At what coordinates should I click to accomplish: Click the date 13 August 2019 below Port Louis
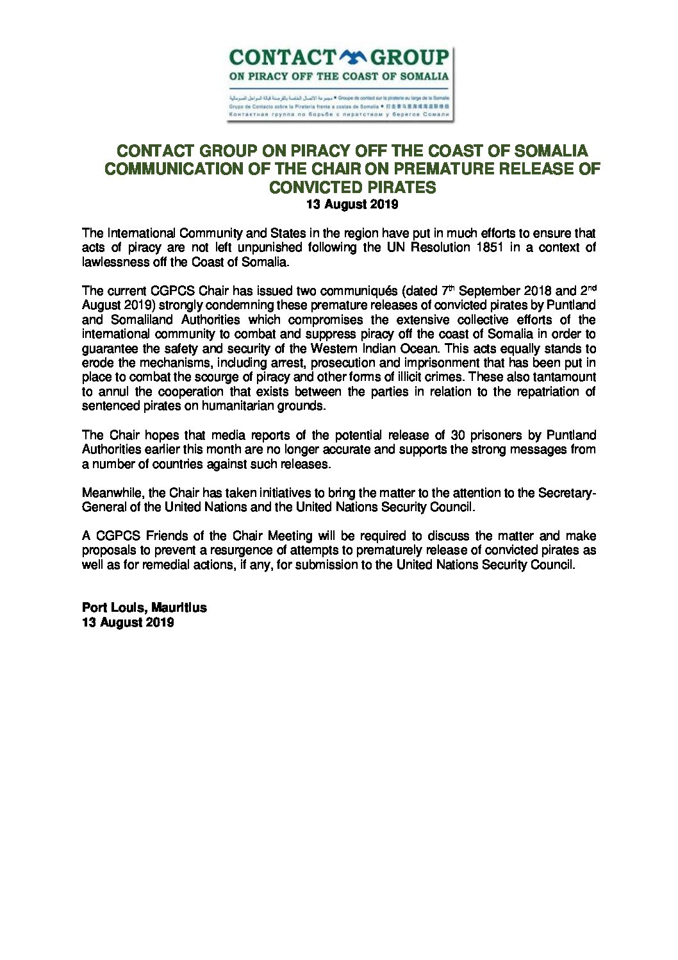(x=128, y=622)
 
